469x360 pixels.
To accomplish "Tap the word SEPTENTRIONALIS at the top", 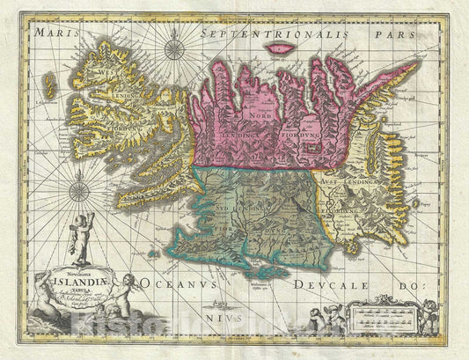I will point(250,32).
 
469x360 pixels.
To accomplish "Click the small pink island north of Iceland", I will point(282,48).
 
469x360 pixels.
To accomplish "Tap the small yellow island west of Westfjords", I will point(49,85).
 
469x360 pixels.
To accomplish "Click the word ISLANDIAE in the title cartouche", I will point(65,283).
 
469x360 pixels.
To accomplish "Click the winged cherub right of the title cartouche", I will point(125,290).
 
